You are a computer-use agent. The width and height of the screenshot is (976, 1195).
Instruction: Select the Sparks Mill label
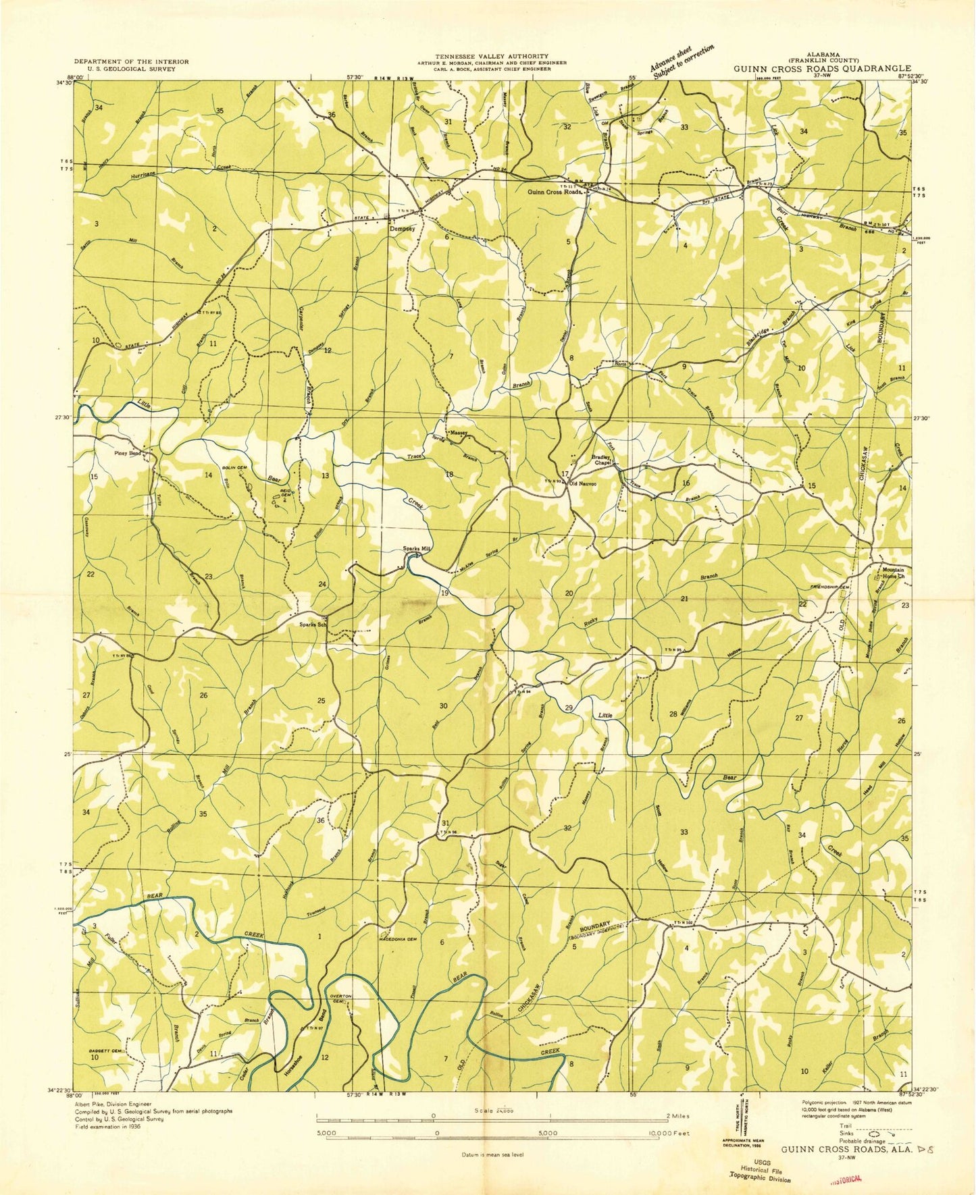coord(417,549)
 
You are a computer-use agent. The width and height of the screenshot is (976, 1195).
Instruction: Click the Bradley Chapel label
coord(601,460)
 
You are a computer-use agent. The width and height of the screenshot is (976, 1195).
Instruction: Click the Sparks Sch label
coord(313,625)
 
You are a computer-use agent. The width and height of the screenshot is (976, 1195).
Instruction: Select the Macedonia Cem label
coord(403,939)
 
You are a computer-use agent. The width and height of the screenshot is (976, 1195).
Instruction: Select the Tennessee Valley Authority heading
coord(491,56)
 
